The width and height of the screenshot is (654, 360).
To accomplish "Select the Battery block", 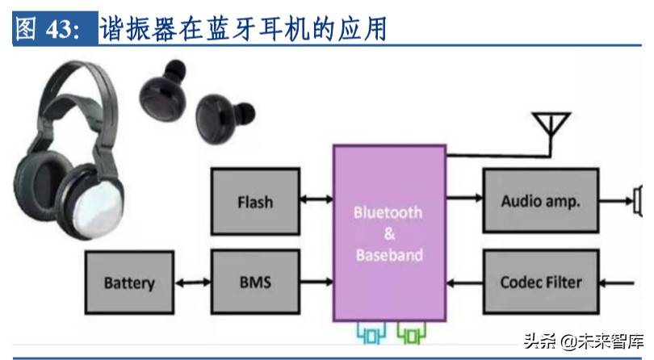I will [x=128, y=283].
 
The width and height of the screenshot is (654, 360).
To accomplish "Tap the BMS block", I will [x=254, y=283].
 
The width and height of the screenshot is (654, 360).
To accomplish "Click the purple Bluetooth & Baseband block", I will [x=388, y=233].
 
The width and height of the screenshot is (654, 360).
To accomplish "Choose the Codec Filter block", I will [x=539, y=283].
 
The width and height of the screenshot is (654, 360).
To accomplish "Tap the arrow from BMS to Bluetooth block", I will [x=316, y=283].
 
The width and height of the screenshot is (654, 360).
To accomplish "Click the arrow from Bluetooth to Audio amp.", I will [x=464, y=195].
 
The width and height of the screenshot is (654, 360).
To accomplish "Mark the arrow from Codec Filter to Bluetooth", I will [x=464, y=283].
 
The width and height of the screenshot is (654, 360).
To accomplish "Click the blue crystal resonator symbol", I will [x=371, y=331].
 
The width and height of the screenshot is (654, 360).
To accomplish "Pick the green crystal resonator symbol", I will [x=411, y=331].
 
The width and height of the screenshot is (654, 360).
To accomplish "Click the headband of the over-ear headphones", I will [x=65, y=89].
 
